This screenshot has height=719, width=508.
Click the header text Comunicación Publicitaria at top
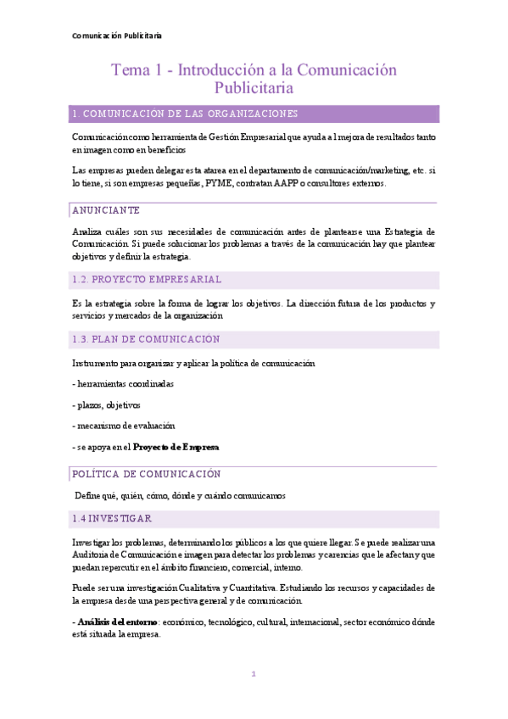point(117,36)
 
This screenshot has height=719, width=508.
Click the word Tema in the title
point(129,70)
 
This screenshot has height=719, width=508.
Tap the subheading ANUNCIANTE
point(106,210)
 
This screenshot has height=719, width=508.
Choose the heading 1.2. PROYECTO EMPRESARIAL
point(147,279)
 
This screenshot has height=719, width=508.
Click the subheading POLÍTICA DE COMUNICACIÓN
point(146,474)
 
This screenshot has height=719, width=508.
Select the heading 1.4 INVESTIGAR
point(112,518)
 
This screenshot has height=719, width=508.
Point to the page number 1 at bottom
point(253,674)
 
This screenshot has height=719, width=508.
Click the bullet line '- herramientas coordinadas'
point(123,384)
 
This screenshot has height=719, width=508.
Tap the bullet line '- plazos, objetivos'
point(107,404)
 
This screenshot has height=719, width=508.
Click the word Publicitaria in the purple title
point(254,87)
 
